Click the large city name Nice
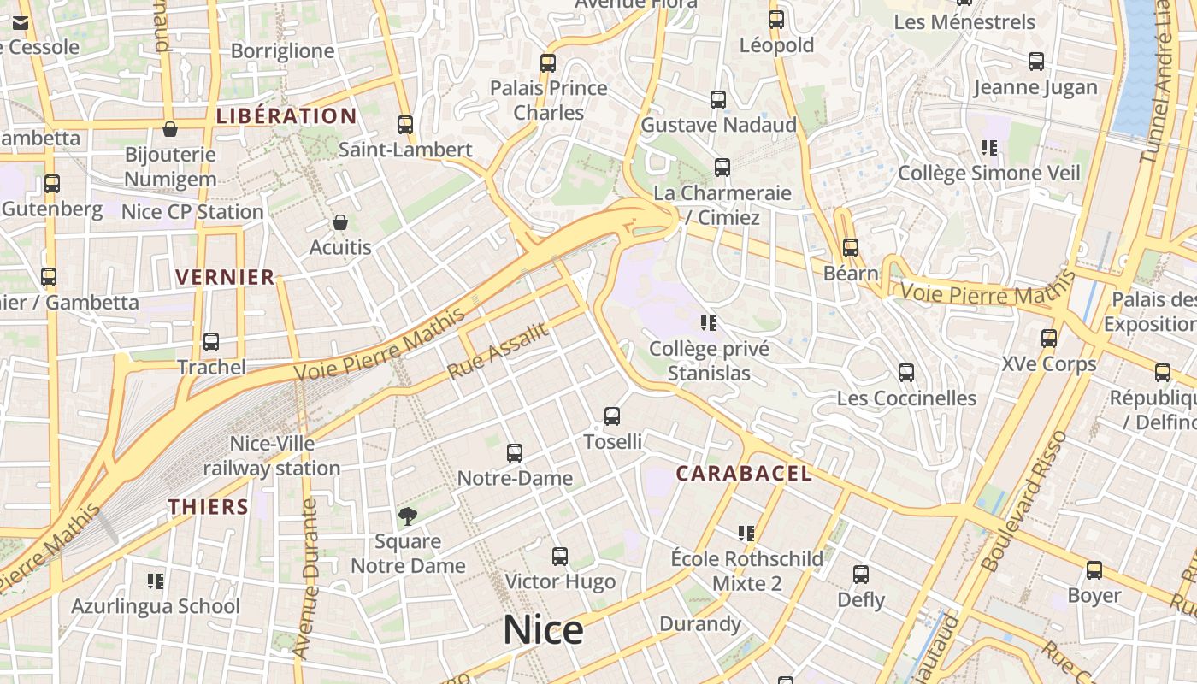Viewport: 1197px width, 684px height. point(543,631)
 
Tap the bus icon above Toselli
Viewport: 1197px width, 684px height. point(612,416)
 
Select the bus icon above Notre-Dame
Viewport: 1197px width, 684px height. point(515,453)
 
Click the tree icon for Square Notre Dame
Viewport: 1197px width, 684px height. point(408,516)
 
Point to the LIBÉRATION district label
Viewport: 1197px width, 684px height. point(286,116)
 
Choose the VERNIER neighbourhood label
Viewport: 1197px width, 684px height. point(225,277)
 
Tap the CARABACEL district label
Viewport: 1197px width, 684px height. point(744,474)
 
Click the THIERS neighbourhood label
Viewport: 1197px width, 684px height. point(209,507)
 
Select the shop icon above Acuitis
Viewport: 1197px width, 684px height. point(340,222)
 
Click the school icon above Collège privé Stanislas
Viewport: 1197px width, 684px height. point(709,323)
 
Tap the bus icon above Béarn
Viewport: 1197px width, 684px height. point(851,248)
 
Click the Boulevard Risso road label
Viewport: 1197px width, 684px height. point(1024,501)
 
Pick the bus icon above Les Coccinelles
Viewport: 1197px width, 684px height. point(906,373)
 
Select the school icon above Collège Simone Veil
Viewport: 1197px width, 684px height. point(990,148)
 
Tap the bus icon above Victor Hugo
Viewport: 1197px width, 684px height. point(560,557)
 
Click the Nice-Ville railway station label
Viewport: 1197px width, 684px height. point(272,456)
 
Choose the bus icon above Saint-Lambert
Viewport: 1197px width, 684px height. point(405,125)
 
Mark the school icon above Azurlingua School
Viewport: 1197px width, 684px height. point(156,581)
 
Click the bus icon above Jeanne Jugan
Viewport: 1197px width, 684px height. point(1036,62)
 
